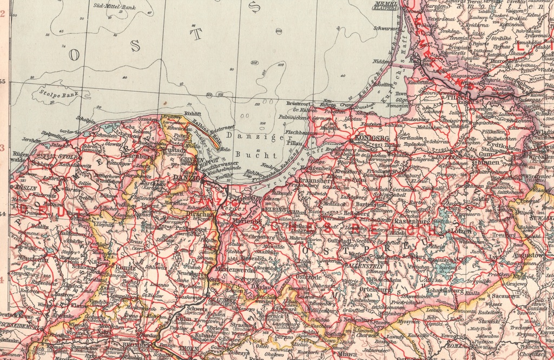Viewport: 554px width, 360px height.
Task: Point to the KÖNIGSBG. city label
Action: click(x=370, y=138)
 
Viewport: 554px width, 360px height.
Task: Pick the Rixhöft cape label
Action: click(x=193, y=114)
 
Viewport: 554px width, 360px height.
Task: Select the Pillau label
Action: click(x=294, y=143)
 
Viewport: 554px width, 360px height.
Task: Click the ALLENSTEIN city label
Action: click(x=366, y=266)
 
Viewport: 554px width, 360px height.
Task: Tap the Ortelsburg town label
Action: click(x=375, y=289)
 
